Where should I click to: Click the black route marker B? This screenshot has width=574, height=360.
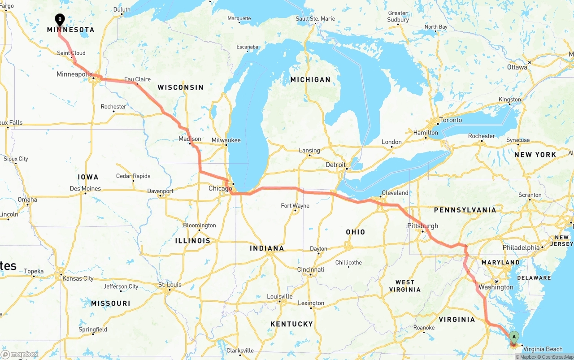[x=60, y=20]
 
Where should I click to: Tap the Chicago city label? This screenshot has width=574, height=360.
[x=220, y=189]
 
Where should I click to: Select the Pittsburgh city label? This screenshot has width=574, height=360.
[x=422, y=226]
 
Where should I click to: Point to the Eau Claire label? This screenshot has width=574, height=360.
[x=137, y=79]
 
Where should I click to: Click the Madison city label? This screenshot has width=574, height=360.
[x=190, y=139]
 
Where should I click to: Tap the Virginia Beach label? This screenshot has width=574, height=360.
[x=543, y=349]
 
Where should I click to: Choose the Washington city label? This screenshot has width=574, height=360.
[x=496, y=287]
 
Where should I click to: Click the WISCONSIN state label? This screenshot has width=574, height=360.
[x=180, y=87]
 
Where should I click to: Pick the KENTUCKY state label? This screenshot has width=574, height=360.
[x=291, y=324]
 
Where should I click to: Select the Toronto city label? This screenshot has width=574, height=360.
[x=450, y=120]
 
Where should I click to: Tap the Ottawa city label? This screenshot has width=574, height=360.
[x=517, y=67]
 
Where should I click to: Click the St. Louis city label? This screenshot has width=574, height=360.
[x=170, y=285]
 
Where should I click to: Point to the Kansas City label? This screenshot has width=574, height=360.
[x=78, y=278]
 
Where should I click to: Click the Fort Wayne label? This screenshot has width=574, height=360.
[x=295, y=206]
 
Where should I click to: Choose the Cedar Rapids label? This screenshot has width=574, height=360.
[x=133, y=176]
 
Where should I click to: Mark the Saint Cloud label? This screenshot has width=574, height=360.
[x=71, y=53]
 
